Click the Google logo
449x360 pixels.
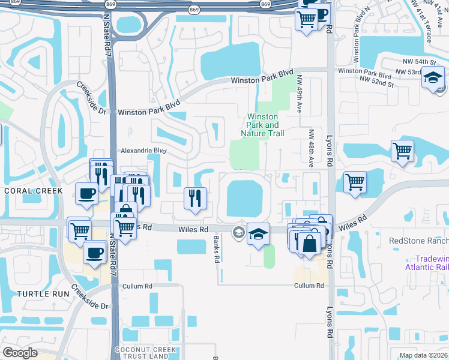[20, 353]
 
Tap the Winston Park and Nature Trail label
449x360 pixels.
[262, 125]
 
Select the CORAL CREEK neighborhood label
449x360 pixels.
[32, 191]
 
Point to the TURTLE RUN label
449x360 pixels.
[40, 293]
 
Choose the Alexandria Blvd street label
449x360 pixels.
[142, 151]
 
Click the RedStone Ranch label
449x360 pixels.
[418, 241]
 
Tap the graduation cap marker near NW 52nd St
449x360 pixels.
[432, 78]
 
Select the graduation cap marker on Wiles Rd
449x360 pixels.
[258, 234]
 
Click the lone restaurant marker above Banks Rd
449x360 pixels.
[195, 198]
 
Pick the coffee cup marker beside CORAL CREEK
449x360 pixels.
[86, 194]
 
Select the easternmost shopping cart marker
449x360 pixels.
[402, 151]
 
